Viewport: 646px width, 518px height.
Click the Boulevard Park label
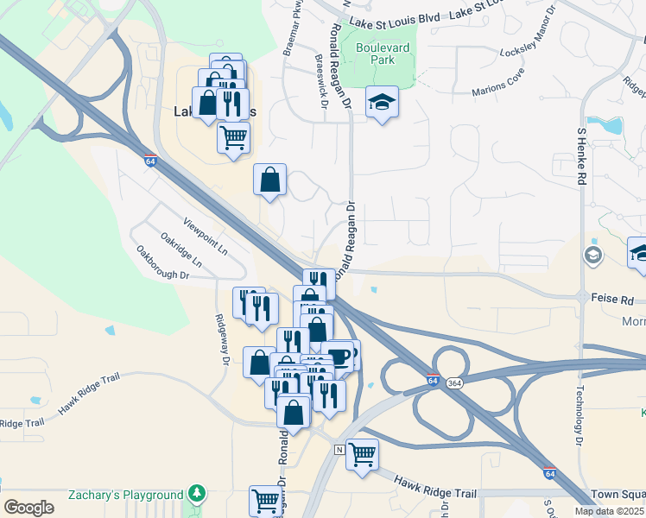click(x=379, y=54)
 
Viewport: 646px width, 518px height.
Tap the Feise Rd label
click(x=612, y=299)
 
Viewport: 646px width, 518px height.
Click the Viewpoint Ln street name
click(x=206, y=236)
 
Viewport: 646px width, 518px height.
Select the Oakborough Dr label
click(x=162, y=262)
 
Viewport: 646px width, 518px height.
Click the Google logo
click(x=29, y=507)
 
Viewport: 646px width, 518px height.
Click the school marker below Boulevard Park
click(x=382, y=103)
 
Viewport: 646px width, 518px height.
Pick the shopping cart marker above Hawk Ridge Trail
click(x=362, y=452)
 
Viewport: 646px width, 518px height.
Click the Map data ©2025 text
click(x=608, y=511)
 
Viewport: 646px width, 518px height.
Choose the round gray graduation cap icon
click(x=593, y=255)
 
